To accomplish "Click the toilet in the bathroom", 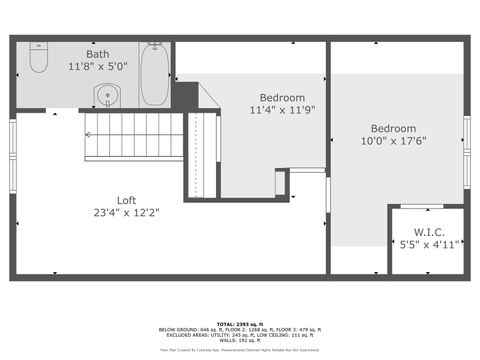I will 38,60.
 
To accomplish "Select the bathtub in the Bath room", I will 154,75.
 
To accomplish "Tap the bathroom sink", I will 108,96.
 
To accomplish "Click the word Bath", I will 98,54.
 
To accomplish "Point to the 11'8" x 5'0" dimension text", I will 98,67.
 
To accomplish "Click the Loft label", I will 126,200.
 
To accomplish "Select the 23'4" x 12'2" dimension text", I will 126,212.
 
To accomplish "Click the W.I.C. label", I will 428,231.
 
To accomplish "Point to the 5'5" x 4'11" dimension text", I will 428,244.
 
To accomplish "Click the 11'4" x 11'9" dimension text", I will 282,110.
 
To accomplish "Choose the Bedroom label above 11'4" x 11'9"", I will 282,97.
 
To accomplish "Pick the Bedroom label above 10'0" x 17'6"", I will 393,128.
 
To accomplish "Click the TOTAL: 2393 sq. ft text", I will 240,324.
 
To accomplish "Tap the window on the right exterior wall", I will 467,136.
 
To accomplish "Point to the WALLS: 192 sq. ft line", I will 240,341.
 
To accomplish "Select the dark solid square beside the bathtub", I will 183,95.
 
